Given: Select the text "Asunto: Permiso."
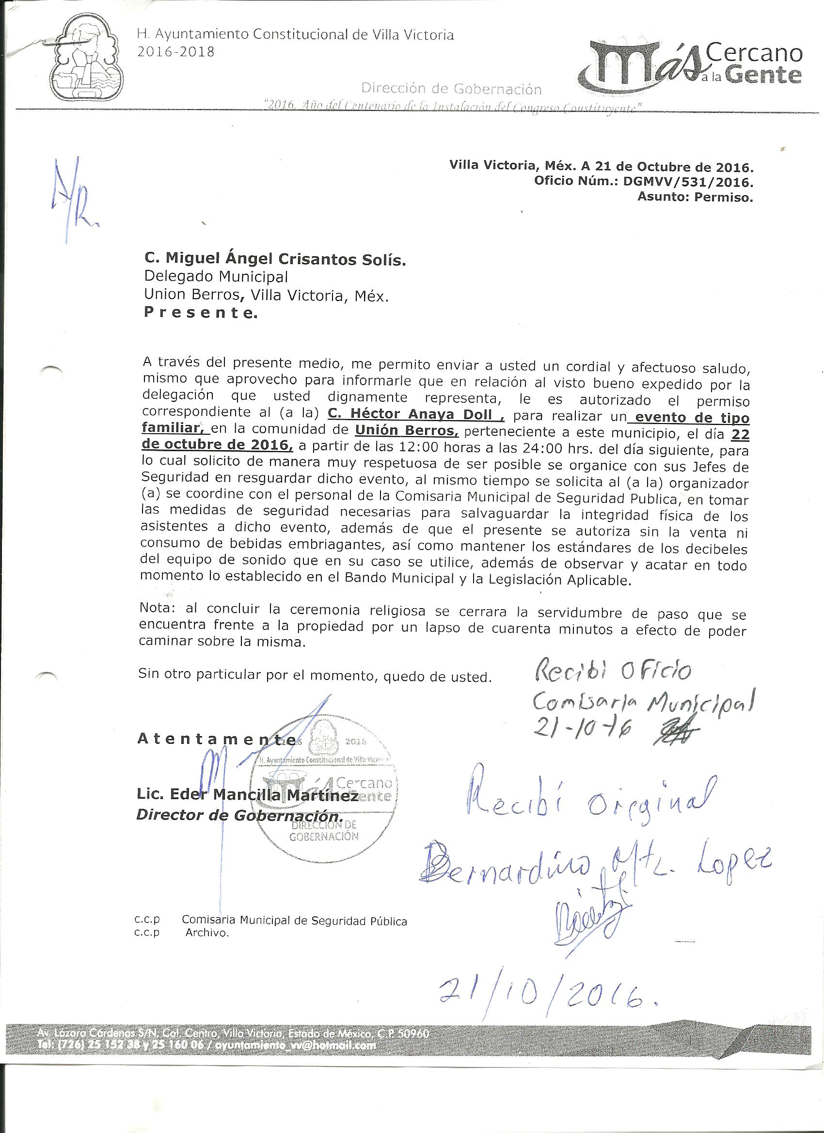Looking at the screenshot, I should pos(695,197).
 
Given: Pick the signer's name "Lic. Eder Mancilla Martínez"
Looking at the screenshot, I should pos(247,795).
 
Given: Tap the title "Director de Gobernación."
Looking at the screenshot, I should pos(240,815).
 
